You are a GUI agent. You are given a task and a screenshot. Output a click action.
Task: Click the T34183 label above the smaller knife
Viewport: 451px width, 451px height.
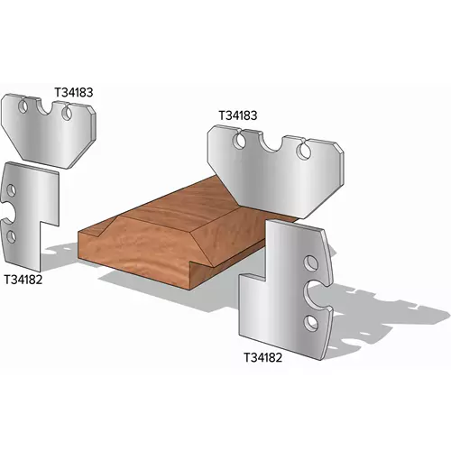pyautogui.click(x=74, y=92)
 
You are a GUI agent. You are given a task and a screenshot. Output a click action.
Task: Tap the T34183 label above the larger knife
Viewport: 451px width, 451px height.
pyautogui.click(x=238, y=115)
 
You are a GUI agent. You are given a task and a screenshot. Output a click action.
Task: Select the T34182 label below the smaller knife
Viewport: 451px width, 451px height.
pyautogui.click(x=23, y=280)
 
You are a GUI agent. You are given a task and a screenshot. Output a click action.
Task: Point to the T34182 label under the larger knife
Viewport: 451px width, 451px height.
pyautogui.click(x=262, y=358)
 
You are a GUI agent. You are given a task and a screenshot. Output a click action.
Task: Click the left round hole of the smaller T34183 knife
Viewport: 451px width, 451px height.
pyautogui.click(x=23, y=106)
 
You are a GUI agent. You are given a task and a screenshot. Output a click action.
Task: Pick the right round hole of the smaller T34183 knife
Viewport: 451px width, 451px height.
pyautogui.click(x=67, y=113)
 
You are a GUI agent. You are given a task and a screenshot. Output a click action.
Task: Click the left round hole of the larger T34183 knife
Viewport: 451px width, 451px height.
pyautogui.click(x=239, y=142)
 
